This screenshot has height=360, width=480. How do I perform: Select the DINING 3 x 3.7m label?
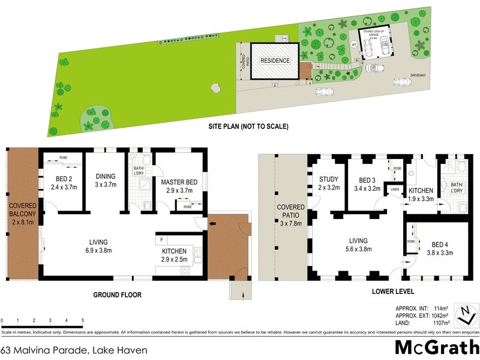(105, 181)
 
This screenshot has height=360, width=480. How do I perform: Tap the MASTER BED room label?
(179, 185)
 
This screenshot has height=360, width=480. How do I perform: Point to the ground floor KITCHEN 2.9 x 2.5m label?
(174, 255)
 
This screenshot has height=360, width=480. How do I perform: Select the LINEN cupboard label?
(394, 190)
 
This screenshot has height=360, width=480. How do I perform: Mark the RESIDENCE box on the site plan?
(275, 61)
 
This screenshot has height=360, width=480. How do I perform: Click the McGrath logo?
(436, 347)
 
